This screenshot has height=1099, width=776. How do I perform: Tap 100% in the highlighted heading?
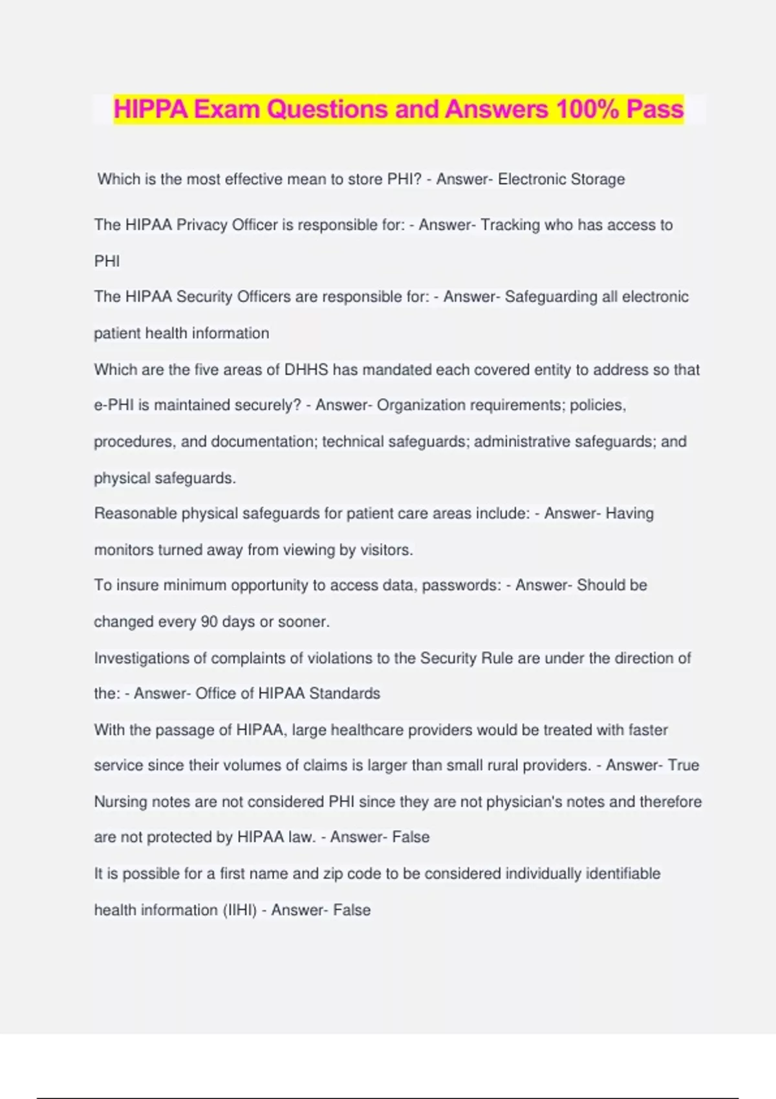587,109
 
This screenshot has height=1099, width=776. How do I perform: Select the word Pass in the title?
655,109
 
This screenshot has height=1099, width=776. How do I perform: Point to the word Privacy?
202,225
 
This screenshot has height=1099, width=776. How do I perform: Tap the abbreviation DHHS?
307,370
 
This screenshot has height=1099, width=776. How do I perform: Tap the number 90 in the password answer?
209,622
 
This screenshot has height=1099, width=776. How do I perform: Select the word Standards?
345,694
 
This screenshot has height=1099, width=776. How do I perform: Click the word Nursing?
120,802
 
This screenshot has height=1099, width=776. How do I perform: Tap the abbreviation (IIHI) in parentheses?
240,910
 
